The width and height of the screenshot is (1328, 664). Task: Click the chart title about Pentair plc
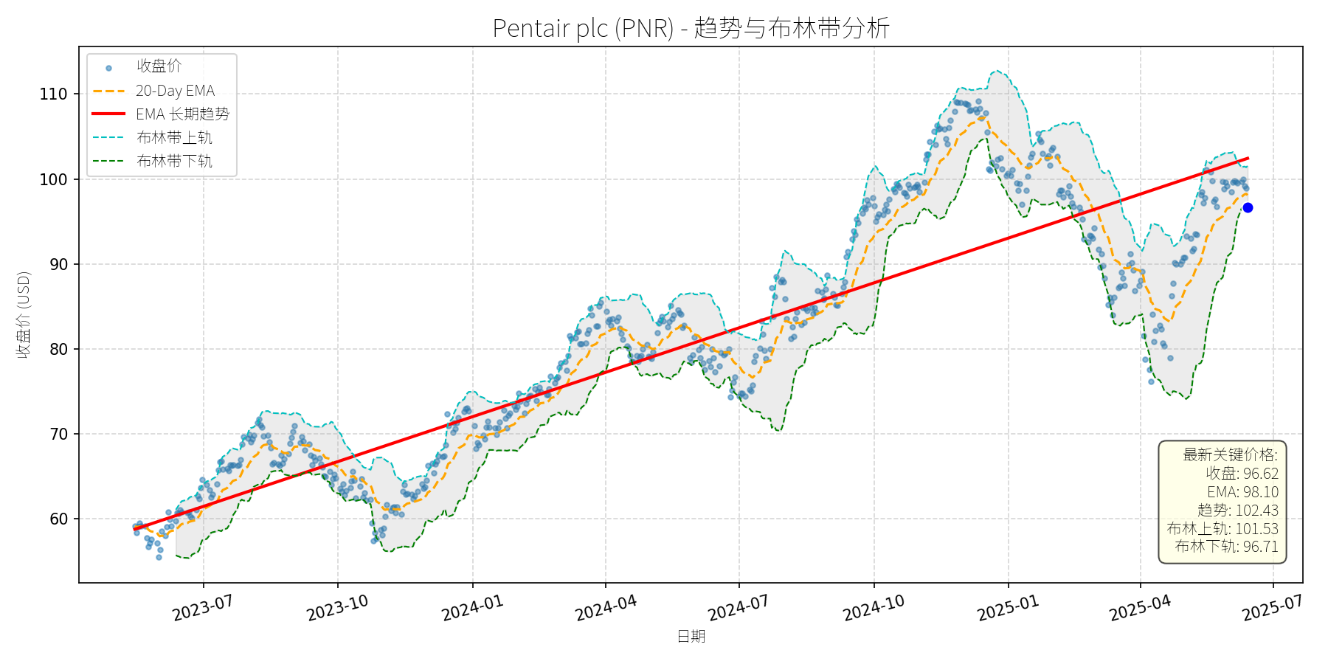click(691, 28)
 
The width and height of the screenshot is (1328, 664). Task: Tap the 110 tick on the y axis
click(53, 94)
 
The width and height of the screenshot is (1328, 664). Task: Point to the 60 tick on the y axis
click(58, 519)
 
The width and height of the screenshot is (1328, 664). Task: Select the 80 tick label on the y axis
click(58, 350)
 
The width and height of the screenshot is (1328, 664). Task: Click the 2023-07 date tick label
click(203, 608)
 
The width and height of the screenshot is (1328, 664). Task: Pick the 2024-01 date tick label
click(473, 608)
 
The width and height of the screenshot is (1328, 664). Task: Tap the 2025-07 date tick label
click(1273, 608)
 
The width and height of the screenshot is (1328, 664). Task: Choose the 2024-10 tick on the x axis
click(874, 608)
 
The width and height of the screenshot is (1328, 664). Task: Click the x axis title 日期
click(691, 636)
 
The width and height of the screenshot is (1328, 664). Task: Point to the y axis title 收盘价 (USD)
click(24, 315)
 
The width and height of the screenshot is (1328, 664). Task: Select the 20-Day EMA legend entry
click(175, 91)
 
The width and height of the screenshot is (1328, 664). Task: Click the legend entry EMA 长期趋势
click(182, 114)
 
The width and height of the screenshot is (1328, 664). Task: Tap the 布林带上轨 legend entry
click(174, 138)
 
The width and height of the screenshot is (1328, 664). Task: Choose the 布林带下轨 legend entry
click(174, 161)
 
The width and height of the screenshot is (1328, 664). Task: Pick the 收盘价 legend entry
click(159, 66)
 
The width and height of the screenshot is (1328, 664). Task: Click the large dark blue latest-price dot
click(1248, 208)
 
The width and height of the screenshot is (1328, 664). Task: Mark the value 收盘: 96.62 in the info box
click(1242, 474)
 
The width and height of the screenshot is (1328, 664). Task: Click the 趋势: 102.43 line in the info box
click(1238, 511)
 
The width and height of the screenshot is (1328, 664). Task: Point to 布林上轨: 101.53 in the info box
click(1223, 528)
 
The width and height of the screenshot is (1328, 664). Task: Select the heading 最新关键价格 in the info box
click(1230, 455)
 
